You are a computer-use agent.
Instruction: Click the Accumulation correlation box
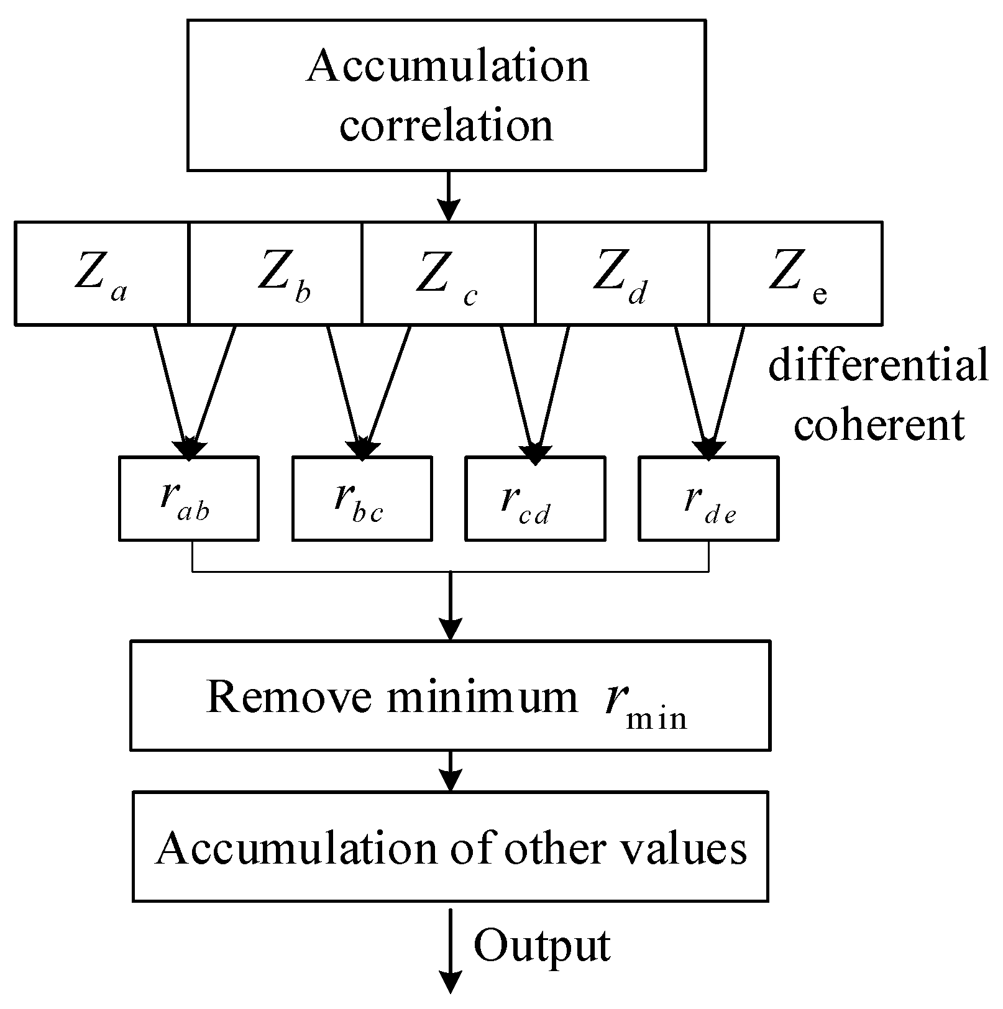tap(446, 95)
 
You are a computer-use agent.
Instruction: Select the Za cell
tap(101, 273)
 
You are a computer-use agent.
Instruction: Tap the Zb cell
tap(275, 273)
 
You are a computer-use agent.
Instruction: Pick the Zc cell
tap(448, 273)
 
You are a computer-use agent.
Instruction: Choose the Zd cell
tap(621, 273)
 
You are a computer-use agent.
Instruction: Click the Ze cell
tap(795, 273)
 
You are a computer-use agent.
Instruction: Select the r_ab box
tap(188, 499)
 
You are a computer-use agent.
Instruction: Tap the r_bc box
tap(362, 499)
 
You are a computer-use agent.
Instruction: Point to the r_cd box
tap(535, 499)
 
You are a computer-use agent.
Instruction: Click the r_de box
tap(708, 499)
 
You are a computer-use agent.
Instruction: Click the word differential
tap(877, 365)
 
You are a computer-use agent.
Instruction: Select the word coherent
tap(879, 425)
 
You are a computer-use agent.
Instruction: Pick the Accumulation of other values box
tap(450, 846)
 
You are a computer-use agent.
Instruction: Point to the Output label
tap(542, 946)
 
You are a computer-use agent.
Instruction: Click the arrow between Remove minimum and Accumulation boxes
tap(450, 771)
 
